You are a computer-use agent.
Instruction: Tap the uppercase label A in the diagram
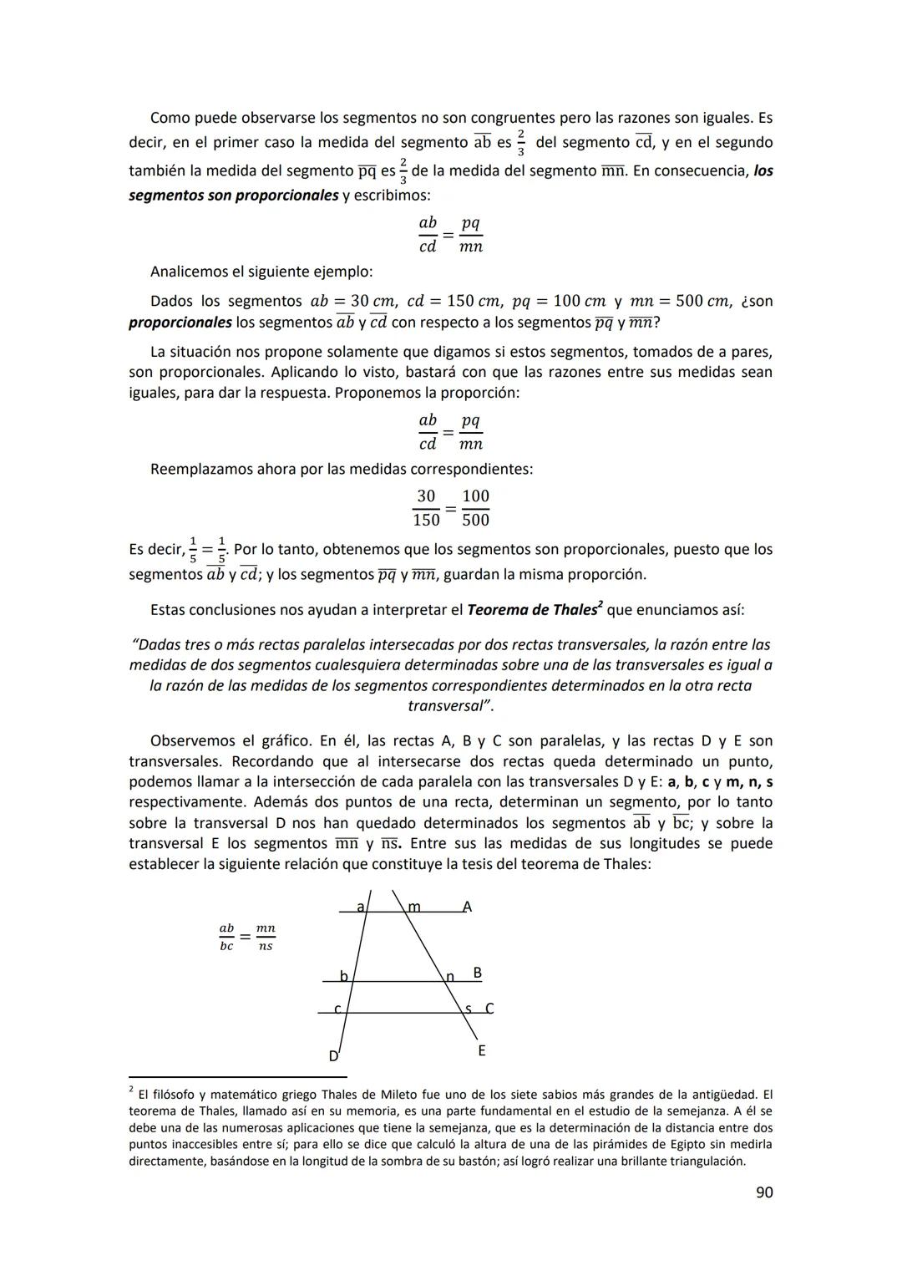(x=467, y=907)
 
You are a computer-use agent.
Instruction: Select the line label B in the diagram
(x=477, y=973)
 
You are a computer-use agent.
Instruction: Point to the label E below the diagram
(x=482, y=1051)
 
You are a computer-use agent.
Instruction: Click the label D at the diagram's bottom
(x=333, y=1056)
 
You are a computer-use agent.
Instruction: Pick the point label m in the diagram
(x=414, y=907)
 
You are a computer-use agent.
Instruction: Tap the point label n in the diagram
(x=450, y=976)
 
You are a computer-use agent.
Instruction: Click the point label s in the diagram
(x=468, y=1009)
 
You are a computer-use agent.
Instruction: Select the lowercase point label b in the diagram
(x=343, y=976)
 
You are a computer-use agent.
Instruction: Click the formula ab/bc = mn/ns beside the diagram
(x=246, y=937)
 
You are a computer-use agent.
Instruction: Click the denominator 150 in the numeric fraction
(x=426, y=520)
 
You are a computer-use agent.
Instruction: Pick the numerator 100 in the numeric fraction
(x=475, y=496)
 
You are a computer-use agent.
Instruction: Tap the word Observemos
(x=190, y=740)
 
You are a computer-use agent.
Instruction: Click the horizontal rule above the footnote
(x=237, y=1077)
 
